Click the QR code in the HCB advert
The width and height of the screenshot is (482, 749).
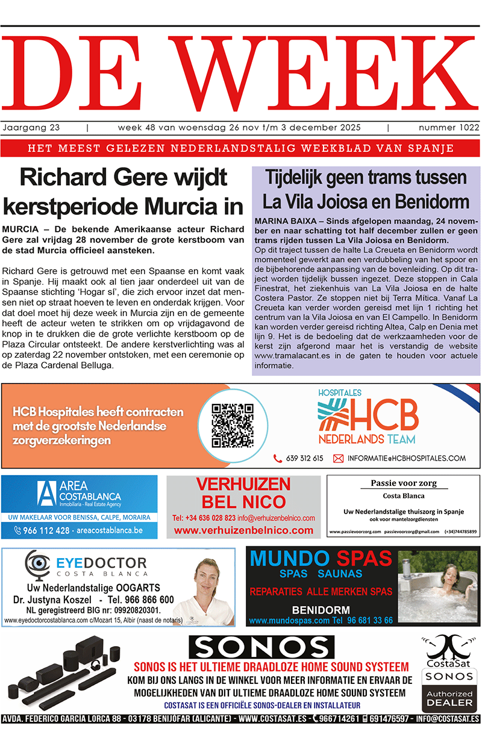click(x=233, y=425)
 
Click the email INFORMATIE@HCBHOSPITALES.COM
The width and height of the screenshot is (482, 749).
click(x=407, y=458)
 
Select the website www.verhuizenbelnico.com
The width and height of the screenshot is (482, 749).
click(x=243, y=530)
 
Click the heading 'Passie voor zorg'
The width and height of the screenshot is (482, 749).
click(x=403, y=483)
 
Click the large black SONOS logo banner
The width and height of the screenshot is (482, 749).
click(x=261, y=647)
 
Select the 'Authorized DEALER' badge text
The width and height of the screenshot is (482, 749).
click(x=450, y=698)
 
